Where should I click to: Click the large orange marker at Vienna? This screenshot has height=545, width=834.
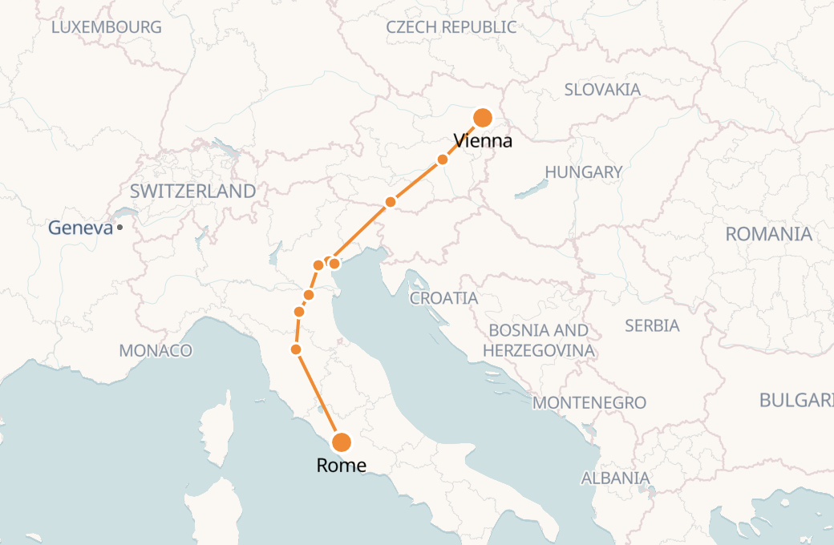click(483, 118)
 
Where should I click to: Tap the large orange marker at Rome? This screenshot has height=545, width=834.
click(342, 442)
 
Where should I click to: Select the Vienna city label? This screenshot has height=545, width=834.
click(483, 142)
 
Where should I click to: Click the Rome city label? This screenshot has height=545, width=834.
click(342, 466)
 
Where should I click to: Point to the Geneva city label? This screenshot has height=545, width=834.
click(80, 228)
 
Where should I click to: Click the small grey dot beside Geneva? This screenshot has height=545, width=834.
click(119, 228)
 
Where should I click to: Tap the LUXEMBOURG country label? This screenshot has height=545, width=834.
click(106, 27)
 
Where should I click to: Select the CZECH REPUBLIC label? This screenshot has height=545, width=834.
click(451, 27)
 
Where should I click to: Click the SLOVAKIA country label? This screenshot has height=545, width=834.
click(602, 89)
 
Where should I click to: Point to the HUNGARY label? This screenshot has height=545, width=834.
click(583, 172)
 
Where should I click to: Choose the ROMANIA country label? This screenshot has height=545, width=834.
click(768, 234)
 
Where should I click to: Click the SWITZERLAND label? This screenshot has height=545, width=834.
click(192, 191)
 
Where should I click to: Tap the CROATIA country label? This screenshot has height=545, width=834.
click(443, 298)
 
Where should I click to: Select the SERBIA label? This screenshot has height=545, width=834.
click(652, 325)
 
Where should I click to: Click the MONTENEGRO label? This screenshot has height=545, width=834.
click(589, 402)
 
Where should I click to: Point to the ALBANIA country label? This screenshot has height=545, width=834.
click(615, 478)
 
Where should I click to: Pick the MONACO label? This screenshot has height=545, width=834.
click(156, 350)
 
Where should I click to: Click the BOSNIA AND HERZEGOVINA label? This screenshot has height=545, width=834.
click(538, 340)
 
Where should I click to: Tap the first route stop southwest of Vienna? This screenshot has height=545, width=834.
click(443, 159)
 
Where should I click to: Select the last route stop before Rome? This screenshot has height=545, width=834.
click(296, 349)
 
